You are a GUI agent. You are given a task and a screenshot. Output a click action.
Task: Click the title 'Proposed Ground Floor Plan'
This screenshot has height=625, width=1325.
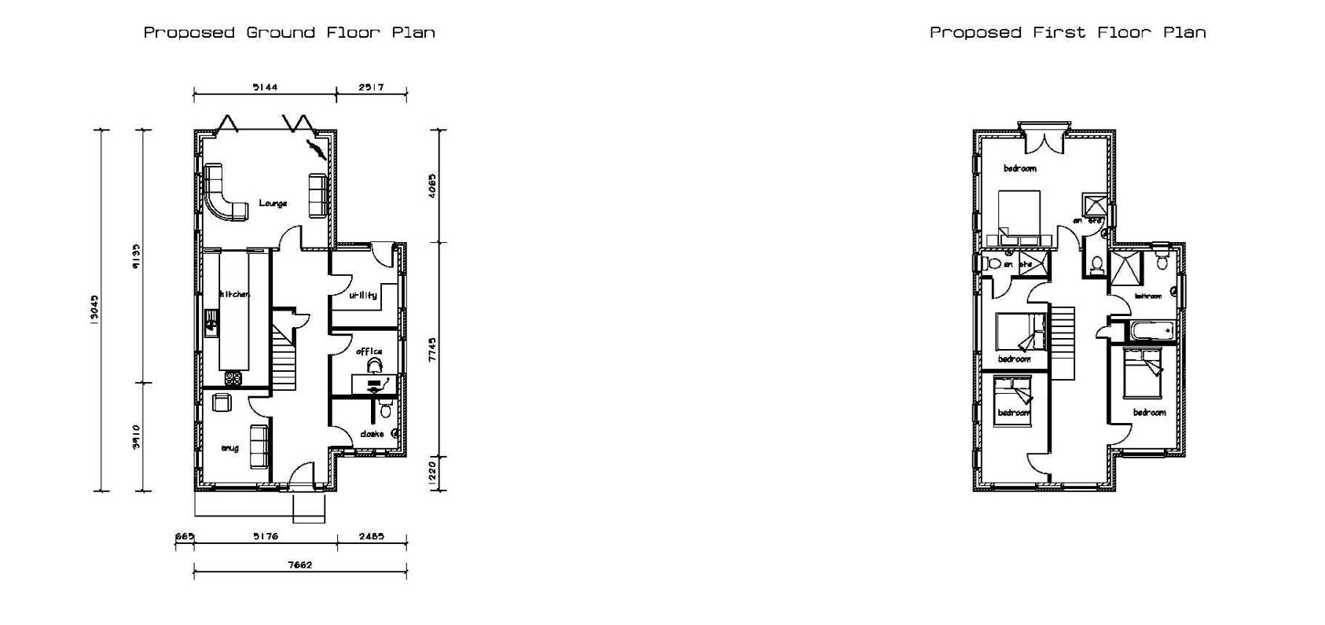(x=288, y=32)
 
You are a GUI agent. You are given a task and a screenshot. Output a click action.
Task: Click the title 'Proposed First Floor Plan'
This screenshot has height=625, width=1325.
(x=1067, y=32)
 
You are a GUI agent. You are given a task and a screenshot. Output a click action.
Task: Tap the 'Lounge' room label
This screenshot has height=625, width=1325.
(x=273, y=204)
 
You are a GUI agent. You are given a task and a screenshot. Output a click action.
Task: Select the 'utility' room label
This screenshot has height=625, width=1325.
(x=363, y=295)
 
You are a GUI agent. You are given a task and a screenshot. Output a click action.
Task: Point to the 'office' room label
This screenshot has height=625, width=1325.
(x=369, y=351)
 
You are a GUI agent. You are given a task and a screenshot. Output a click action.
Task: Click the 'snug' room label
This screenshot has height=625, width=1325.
(x=229, y=448)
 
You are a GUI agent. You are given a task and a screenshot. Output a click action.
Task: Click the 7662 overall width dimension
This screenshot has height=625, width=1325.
(x=299, y=564)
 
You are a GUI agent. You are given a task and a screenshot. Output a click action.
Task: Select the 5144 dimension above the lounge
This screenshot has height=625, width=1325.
(x=265, y=87)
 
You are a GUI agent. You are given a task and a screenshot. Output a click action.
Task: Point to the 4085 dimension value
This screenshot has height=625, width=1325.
(x=431, y=186)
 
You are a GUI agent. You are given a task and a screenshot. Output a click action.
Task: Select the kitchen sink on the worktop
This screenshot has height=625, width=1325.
(x=211, y=321)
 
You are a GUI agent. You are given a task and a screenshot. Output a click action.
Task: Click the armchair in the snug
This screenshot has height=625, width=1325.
(x=222, y=402)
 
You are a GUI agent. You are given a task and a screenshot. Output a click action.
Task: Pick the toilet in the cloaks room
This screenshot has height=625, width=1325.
(x=385, y=409)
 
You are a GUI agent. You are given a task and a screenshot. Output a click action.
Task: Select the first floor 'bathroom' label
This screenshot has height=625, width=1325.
(x=1148, y=296)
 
